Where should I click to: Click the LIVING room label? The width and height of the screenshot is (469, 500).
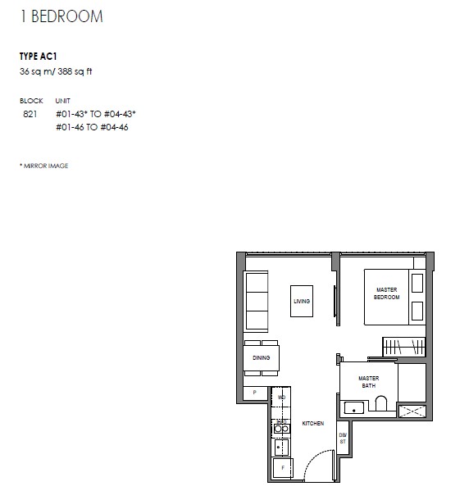[x=302, y=301]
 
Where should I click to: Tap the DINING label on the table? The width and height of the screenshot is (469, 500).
[x=262, y=357]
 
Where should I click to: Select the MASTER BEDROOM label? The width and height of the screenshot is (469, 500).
[x=387, y=293]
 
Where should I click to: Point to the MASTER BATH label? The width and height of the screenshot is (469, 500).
[x=368, y=382]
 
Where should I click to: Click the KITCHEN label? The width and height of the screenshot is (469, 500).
[x=313, y=423]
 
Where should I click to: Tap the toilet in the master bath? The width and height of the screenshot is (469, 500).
[x=381, y=403]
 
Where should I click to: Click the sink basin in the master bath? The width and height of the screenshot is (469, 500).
[x=354, y=407]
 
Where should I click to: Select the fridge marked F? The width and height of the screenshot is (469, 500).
[x=283, y=468]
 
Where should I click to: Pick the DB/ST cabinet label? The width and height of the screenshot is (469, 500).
[x=343, y=439]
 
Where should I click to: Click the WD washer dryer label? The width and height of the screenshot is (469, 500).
[x=281, y=398]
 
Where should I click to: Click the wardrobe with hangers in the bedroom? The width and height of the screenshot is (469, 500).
[x=404, y=347]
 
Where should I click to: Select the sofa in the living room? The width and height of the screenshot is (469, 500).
[x=256, y=302]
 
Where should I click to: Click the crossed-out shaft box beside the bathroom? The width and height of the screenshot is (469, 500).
[x=412, y=411]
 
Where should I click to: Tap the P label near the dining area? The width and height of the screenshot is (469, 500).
[x=255, y=393]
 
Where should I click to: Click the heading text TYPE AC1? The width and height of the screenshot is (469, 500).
[x=39, y=57]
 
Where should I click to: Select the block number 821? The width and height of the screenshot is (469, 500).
[x=30, y=114]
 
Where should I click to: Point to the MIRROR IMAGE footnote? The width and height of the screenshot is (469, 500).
[x=44, y=166]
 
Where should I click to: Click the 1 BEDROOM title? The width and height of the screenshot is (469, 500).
[x=61, y=16]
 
